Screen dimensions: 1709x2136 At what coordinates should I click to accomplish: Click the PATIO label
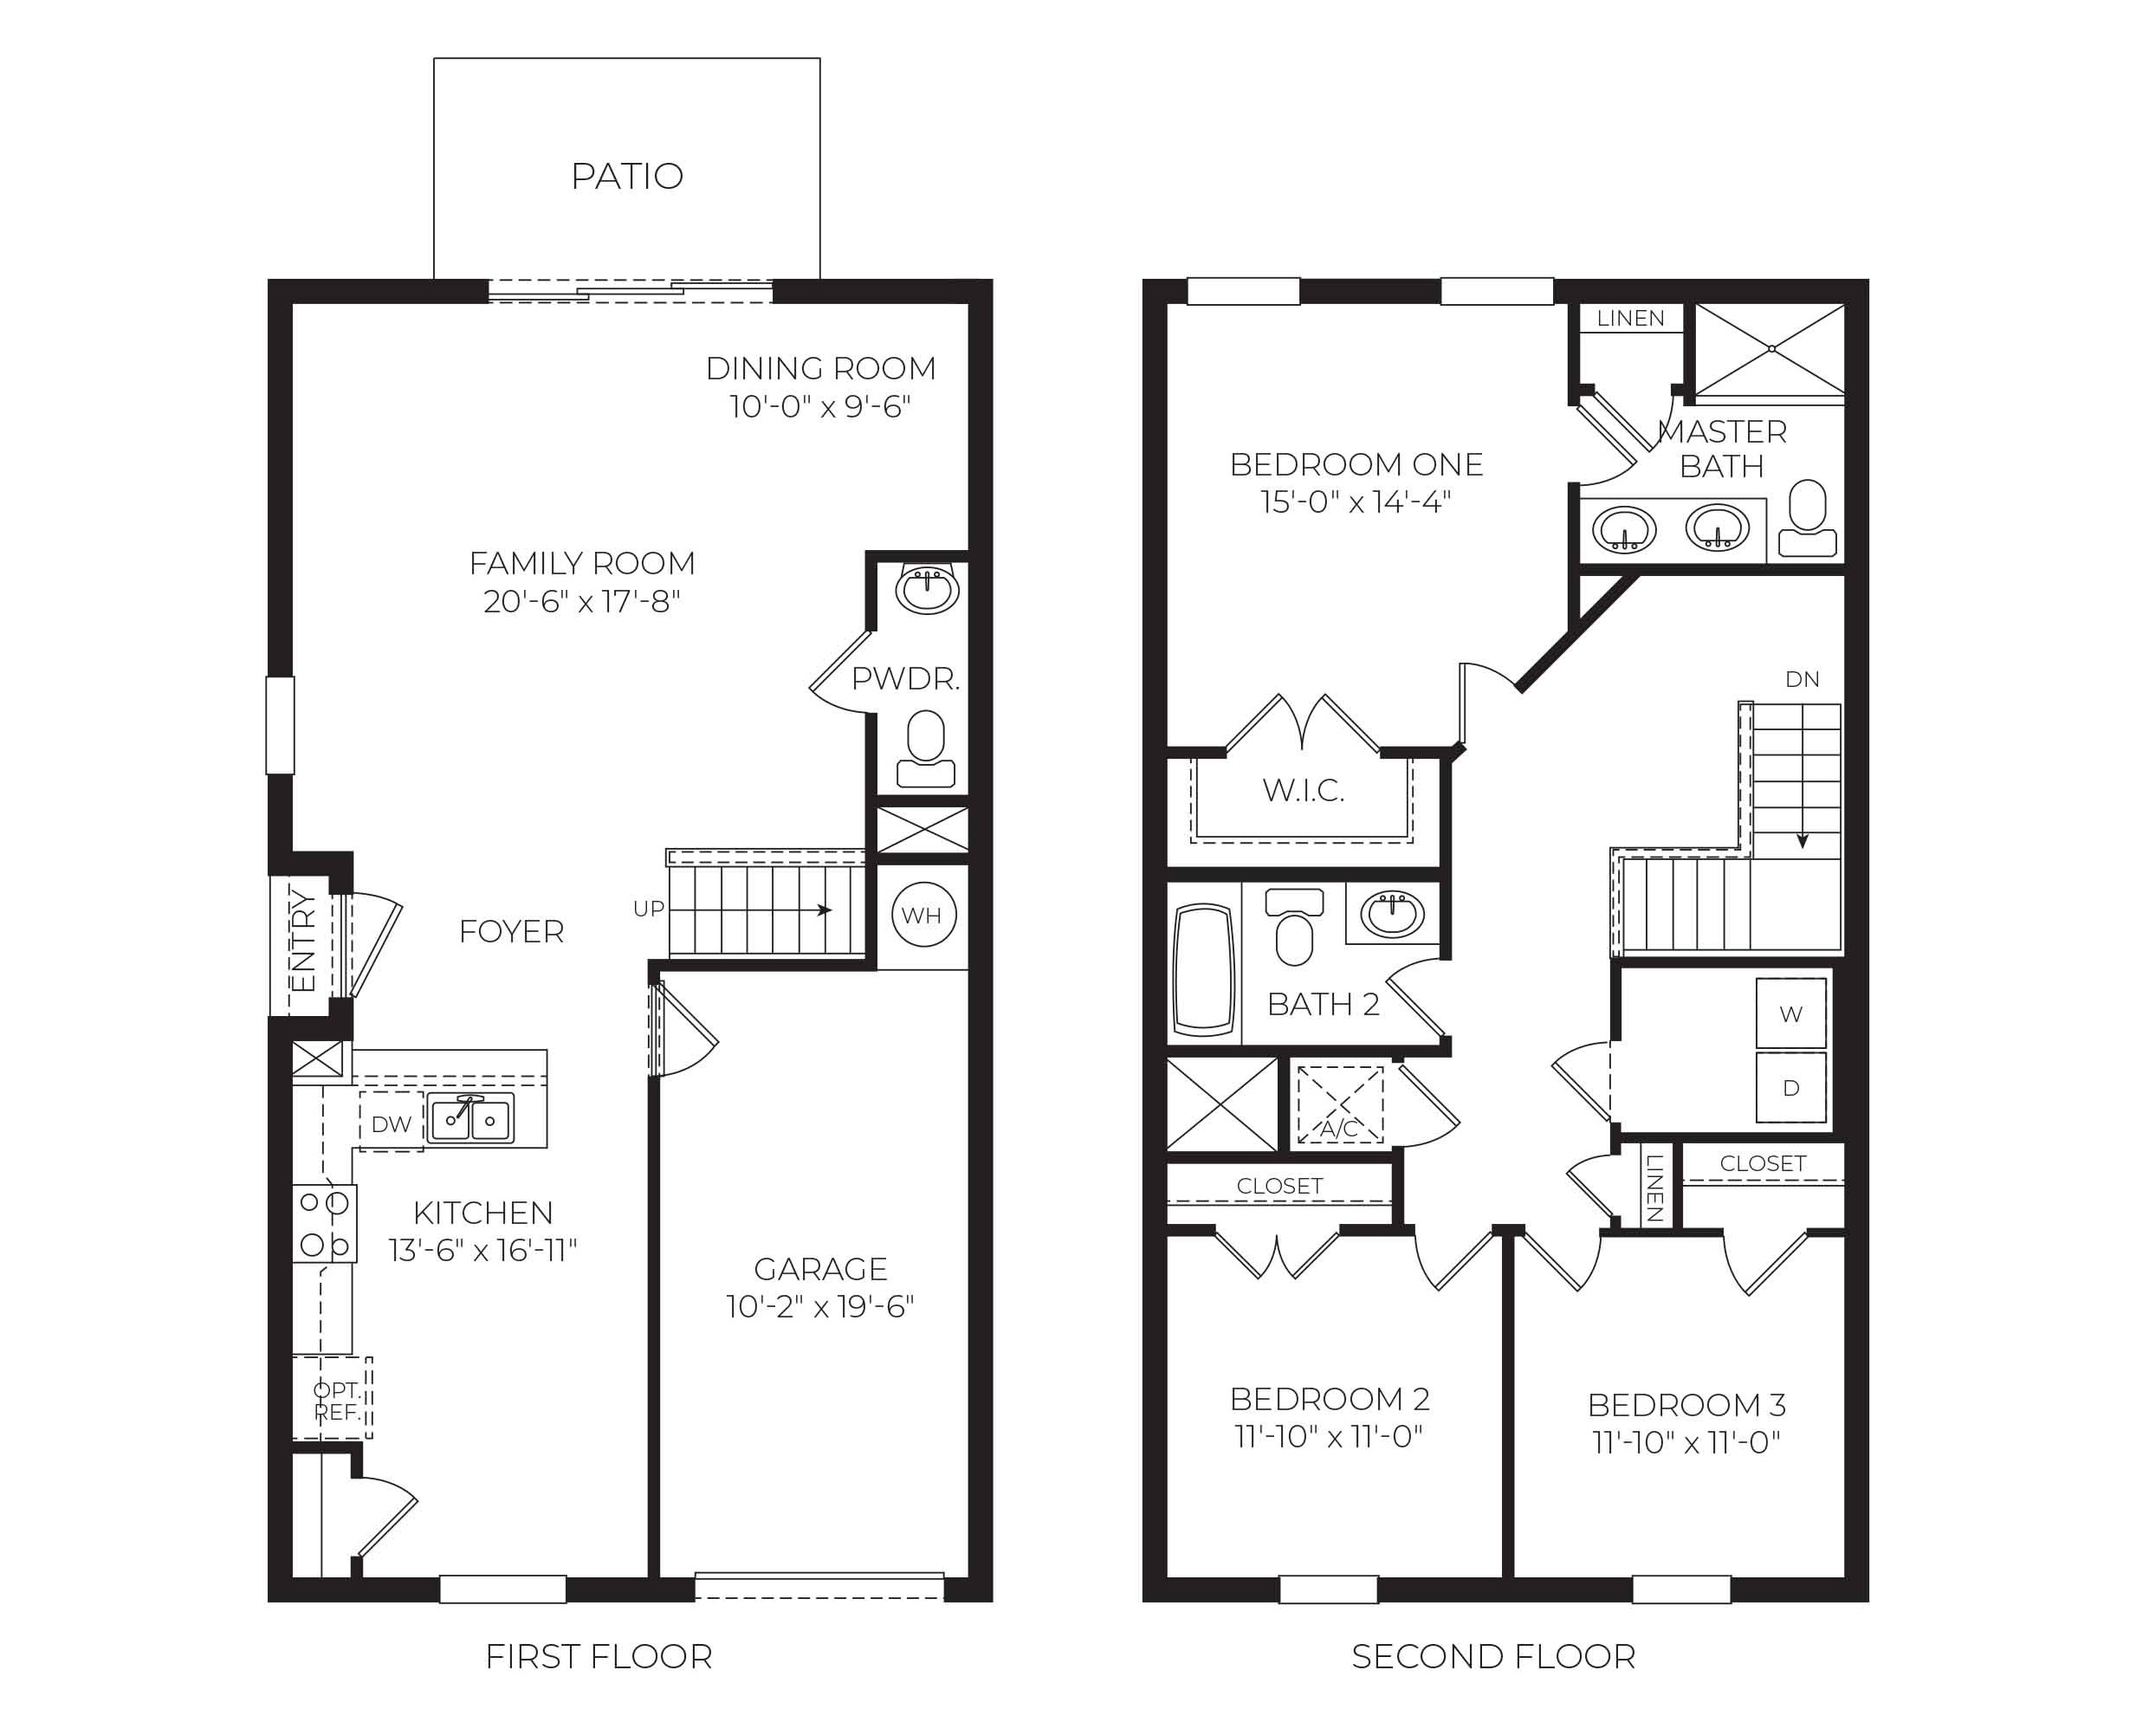[x=627, y=177]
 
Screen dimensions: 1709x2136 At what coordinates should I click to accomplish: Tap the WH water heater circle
[x=922, y=916]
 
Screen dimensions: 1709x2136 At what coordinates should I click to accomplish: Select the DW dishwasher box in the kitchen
[x=392, y=1123]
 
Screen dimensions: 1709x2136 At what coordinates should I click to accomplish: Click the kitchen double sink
[x=471, y=1119]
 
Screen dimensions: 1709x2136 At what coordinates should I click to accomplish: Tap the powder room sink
[x=928, y=591]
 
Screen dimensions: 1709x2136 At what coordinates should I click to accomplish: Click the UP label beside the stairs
[x=649, y=909]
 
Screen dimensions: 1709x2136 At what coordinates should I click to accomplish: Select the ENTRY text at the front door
[x=304, y=942]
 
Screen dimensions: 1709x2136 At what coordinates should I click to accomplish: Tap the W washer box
[x=1790, y=1013]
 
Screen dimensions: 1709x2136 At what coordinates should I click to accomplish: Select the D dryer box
[x=1790, y=1088]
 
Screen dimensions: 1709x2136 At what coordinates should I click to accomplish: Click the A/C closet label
[x=1339, y=1129]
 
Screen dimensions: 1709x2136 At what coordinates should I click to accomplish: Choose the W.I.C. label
[x=1303, y=791]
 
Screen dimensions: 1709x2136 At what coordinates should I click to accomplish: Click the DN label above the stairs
[x=1803, y=680]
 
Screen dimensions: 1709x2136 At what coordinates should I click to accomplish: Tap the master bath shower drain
[x=1771, y=349]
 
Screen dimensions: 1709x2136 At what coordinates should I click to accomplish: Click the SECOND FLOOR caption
[x=1493, y=1656]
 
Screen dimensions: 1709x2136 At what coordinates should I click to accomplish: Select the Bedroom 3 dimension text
[x=1686, y=1442]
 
